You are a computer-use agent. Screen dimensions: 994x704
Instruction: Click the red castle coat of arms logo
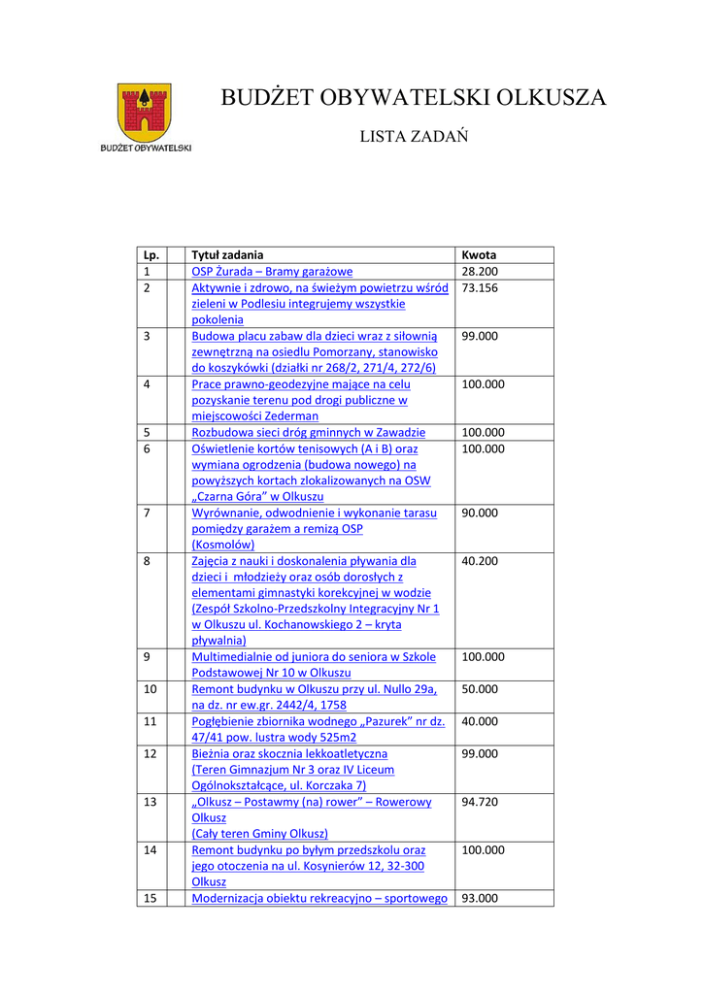point(145,112)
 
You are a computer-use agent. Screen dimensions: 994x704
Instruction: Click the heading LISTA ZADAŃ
point(414,137)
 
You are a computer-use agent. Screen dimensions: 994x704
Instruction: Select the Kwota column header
point(479,255)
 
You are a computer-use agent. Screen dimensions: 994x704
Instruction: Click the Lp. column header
point(151,255)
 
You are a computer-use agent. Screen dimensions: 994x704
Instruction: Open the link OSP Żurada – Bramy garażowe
point(272,272)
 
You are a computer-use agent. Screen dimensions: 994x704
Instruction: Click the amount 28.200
point(480,272)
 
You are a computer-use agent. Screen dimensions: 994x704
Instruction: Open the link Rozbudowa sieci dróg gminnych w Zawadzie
point(308,432)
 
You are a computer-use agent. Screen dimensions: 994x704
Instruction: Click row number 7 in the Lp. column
point(147,513)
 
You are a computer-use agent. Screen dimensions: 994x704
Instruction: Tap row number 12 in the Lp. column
point(150,753)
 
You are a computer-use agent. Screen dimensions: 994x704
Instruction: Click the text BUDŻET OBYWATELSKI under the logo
point(146,149)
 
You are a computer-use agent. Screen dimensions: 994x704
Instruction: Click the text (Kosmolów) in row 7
point(223,545)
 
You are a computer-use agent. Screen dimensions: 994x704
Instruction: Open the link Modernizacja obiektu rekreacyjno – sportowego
point(319,898)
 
